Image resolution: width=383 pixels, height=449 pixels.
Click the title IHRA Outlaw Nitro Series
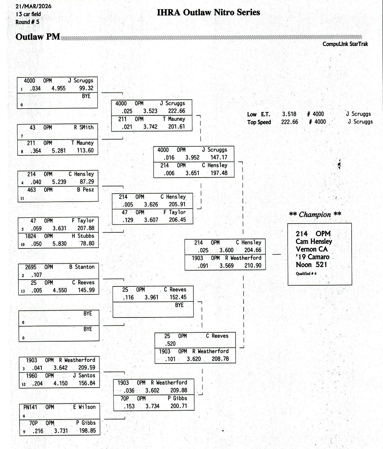[x=208, y=13]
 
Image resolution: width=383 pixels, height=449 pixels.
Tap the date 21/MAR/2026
[x=33, y=7]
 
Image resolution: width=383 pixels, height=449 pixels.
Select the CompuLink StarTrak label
[x=350, y=44]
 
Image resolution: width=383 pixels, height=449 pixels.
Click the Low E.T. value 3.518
[x=290, y=114]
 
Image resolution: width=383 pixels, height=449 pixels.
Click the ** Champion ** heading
[x=315, y=214]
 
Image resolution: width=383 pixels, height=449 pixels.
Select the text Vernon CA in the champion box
[x=311, y=249]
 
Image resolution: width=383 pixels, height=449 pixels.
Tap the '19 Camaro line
[x=312, y=257]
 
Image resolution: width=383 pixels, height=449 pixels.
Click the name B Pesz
[x=85, y=189]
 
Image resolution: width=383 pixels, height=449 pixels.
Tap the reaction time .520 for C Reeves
[x=170, y=344]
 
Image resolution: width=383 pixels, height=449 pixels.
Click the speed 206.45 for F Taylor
[x=177, y=220]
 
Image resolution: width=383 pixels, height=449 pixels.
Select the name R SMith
[x=83, y=127]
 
